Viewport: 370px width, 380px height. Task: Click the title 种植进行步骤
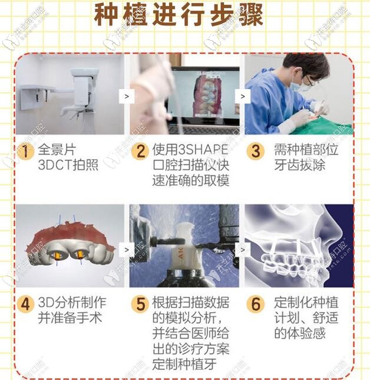coord(179,16)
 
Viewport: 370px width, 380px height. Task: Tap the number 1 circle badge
coord(25,150)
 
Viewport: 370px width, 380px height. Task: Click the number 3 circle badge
coord(255,150)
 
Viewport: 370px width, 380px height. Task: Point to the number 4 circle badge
coord(25,305)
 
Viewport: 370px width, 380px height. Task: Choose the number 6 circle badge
coord(255,305)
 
